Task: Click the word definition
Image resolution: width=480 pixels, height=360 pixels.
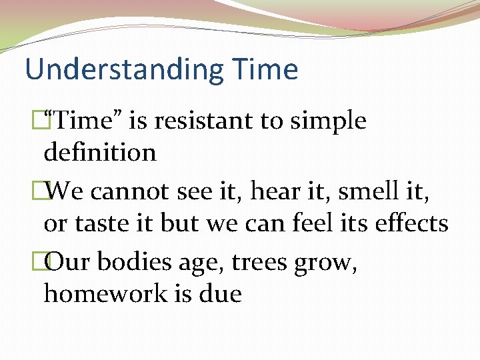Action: (x=100, y=153)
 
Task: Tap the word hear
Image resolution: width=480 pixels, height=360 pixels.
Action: (x=267, y=192)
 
